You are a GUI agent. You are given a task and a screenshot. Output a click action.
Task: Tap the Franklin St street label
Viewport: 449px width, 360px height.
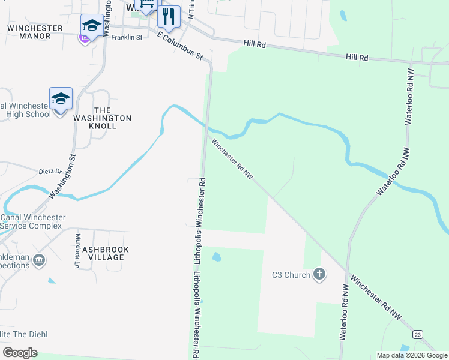click(x=126, y=37)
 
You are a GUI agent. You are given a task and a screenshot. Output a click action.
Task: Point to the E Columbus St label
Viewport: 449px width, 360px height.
click(x=181, y=46)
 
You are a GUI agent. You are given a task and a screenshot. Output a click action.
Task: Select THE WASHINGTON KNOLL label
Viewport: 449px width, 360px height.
click(x=103, y=114)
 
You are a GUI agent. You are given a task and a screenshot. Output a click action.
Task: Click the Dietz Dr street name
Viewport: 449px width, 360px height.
click(x=51, y=171)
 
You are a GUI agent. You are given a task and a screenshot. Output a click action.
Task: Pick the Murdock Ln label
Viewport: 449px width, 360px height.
click(x=77, y=247)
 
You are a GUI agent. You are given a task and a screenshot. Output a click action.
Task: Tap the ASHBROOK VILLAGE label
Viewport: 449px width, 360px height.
click(x=103, y=253)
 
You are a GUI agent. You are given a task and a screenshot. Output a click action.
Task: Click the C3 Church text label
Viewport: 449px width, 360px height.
click(x=291, y=275)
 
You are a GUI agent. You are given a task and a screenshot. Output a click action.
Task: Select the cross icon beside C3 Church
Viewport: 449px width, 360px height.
click(x=319, y=275)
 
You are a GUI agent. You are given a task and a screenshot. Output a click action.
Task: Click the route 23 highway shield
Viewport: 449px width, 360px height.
click(x=418, y=334)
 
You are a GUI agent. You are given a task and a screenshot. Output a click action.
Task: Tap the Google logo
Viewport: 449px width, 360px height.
click(x=20, y=353)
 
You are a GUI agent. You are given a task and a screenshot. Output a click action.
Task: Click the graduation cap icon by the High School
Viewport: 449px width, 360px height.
click(x=61, y=98)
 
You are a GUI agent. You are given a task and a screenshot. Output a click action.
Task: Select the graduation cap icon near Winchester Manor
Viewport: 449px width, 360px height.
click(x=92, y=25)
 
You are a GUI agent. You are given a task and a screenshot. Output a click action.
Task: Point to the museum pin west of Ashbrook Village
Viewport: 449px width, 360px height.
click(x=39, y=260)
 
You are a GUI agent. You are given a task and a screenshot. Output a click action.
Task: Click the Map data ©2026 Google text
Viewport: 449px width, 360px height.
click(x=412, y=355)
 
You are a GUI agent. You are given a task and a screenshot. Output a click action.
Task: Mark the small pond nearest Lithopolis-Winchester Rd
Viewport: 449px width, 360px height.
click(x=216, y=257)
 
